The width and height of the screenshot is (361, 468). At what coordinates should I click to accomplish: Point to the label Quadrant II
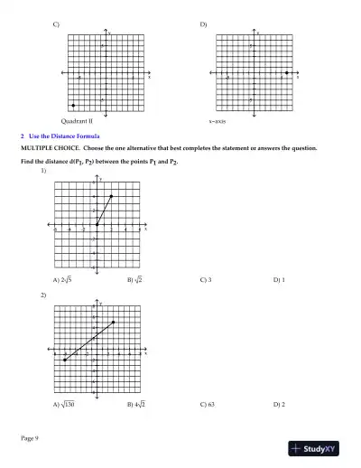77,119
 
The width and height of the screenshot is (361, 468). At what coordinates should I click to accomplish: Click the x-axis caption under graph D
218,119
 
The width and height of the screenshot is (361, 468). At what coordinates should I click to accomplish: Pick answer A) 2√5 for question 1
62,280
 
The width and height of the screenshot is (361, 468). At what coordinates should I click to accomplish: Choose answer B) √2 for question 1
135,280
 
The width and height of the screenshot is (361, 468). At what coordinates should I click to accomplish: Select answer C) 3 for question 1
206,280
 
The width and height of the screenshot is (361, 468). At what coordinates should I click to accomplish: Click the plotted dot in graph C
73,107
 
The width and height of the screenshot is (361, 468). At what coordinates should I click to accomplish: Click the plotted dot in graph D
286,73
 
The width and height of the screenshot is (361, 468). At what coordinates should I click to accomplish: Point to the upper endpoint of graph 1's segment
111,196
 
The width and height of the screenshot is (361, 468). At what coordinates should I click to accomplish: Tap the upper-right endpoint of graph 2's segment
114,323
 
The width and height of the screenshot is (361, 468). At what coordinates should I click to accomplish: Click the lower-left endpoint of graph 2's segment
65,360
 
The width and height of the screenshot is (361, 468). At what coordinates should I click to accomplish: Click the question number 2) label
43,295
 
